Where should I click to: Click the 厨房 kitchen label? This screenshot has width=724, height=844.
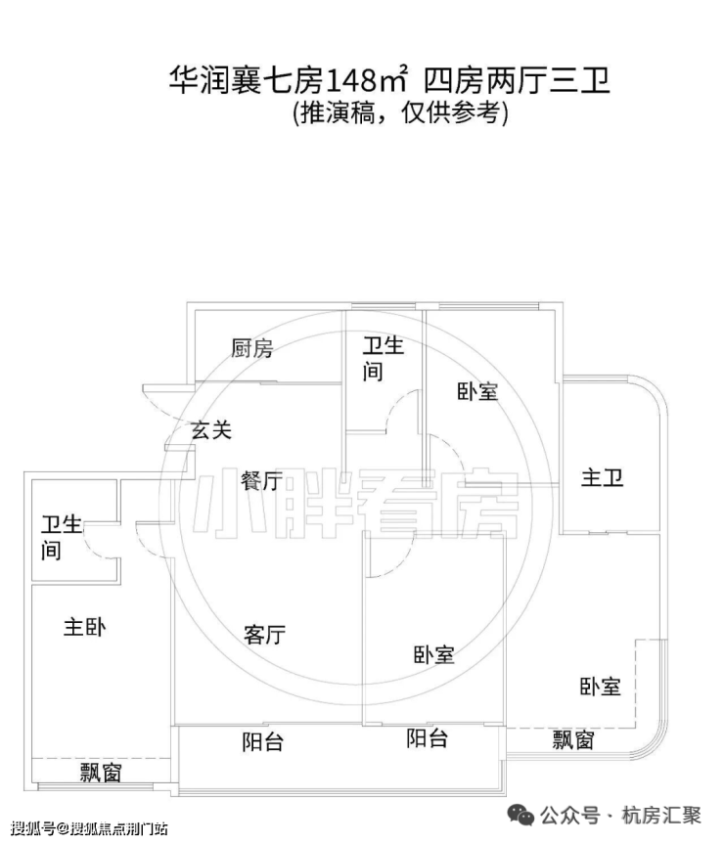(251, 348)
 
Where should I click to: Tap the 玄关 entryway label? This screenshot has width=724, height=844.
(211, 430)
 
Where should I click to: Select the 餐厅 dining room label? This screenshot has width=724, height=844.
(261, 480)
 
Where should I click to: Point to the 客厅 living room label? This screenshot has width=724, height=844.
(264, 635)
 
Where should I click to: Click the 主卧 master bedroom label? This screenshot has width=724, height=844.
(84, 627)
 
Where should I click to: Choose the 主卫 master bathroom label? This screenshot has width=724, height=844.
(602, 477)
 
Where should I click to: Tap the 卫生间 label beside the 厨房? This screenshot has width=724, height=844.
(383, 359)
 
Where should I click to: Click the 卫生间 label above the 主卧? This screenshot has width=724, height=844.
(62, 537)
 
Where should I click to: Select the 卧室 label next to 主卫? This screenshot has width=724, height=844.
(477, 391)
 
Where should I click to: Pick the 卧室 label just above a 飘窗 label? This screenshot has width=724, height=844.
(600, 687)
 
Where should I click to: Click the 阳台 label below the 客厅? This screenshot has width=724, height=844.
(262, 742)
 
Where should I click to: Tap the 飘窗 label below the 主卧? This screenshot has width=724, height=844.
(101, 773)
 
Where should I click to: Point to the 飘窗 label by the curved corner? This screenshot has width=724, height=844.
(573, 740)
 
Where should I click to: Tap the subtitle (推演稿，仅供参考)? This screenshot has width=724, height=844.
(400, 113)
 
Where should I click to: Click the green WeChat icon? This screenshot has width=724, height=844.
(520, 816)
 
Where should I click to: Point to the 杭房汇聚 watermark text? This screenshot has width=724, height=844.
(661, 816)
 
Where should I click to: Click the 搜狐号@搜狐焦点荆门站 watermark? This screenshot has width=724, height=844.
(89, 827)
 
